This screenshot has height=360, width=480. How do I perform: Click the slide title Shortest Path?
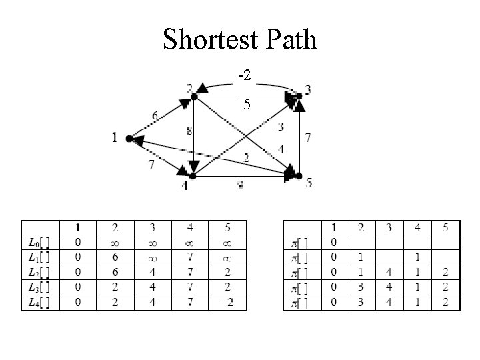point(240,40)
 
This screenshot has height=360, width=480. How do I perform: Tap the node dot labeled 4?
point(193,176)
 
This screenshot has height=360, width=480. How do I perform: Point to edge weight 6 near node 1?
point(154,115)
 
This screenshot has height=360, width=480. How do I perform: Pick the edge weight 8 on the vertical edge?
point(189,132)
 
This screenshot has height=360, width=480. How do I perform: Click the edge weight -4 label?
point(278,149)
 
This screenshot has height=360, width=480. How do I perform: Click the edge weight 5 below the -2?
point(247,104)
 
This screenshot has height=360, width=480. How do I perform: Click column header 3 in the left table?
point(153,227)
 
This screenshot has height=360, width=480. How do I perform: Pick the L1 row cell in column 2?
point(115,257)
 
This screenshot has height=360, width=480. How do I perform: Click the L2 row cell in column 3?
point(153,272)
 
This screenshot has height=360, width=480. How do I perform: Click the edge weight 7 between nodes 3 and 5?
point(307,138)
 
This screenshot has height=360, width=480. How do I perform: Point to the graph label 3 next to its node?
point(307,89)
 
